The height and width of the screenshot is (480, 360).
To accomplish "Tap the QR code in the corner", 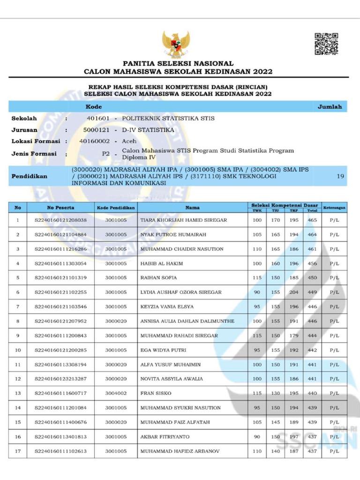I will pos(326,44).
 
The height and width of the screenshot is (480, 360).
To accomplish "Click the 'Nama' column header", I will pos(192,207).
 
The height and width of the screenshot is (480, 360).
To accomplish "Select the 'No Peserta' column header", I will pos(60,207).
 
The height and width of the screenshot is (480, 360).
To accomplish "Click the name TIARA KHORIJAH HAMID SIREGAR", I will pos(183,220).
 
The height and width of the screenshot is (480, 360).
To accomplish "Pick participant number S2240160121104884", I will pos(60,234).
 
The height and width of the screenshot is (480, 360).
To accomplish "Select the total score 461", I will pos(312,249).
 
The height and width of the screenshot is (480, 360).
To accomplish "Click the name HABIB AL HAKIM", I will pos(161,263).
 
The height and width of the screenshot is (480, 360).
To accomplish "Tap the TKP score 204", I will pos(294,292).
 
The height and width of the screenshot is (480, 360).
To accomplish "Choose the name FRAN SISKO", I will pos(156,393).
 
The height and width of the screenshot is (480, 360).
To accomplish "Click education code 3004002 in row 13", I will pos(116,393).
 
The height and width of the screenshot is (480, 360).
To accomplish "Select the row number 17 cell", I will pos(18,451).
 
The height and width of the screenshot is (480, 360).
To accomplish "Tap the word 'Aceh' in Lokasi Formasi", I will pos(129,141).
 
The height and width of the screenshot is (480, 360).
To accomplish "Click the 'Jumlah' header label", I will pos(330,107).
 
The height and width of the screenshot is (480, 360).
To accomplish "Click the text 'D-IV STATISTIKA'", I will pos(148,130).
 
